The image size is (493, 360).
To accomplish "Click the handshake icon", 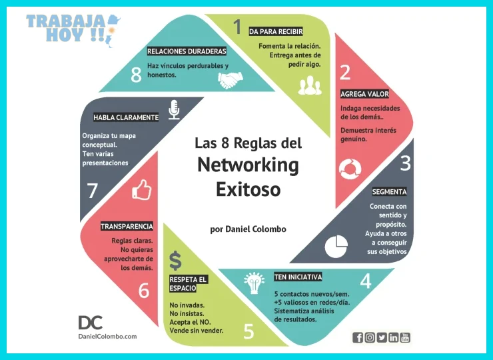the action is [x=231, y=80].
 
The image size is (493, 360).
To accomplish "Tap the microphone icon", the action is [x=174, y=110].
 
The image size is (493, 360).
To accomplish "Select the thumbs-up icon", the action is [x=142, y=190].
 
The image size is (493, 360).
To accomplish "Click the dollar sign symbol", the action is [x=175, y=261].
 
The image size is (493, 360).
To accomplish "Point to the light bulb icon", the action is [x=254, y=283].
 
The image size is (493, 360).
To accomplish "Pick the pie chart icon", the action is [x=336, y=246].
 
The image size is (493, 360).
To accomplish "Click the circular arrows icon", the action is [x=350, y=169].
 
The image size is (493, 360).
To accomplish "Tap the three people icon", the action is [x=310, y=85].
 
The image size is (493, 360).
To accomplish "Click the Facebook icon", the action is [x=358, y=337].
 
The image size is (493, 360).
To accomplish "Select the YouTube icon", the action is [x=405, y=337].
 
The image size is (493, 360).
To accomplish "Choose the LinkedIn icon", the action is [x=393, y=337].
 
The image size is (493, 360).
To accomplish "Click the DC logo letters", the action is [x=90, y=323].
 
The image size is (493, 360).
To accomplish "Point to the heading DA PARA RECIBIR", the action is [x=276, y=31].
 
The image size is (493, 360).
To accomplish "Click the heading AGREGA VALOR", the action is [x=364, y=94].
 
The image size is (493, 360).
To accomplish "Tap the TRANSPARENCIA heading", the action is [x=127, y=226].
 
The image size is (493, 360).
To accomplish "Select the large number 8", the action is [x=136, y=75].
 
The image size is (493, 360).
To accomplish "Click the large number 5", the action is [x=248, y=331].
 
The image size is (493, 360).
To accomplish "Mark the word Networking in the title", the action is [x=248, y=165].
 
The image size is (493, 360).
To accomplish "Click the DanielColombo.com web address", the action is [x=107, y=337].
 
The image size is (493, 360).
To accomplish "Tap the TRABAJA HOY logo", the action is [x=73, y=29].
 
